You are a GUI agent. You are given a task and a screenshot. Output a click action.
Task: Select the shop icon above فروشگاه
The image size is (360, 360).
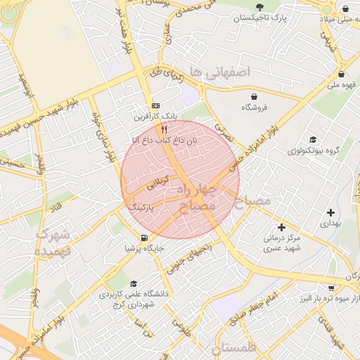click(x=253, y=96)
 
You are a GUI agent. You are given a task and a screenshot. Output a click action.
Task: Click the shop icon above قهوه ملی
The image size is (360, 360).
click(x=341, y=74)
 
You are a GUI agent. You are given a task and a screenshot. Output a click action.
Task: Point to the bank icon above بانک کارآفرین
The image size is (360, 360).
click(x=155, y=105)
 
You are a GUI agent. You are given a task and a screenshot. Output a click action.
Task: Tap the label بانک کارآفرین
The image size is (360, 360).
click(x=157, y=115)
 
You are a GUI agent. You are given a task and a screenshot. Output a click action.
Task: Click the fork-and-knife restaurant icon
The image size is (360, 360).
click(x=165, y=129)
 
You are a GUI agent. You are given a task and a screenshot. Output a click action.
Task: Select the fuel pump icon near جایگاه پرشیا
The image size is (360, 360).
click(x=144, y=238)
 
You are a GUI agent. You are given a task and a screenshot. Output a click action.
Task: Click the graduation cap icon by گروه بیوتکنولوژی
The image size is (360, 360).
click(x=312, y=140)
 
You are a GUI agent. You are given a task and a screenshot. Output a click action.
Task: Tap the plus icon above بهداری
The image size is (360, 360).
click(x=330, y=212)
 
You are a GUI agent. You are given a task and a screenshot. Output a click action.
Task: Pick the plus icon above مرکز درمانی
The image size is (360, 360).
click(x=281, y=227)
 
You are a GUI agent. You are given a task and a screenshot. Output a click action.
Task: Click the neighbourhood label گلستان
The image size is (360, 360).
click(x=236, y=349)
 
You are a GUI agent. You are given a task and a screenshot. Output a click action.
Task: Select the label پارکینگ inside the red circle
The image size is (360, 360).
click(x=140, y=209)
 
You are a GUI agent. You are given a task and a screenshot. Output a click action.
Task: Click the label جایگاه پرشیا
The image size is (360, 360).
click(x=144, y=248)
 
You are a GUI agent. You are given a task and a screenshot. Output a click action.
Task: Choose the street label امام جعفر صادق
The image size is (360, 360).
click(x=264, y=307)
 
